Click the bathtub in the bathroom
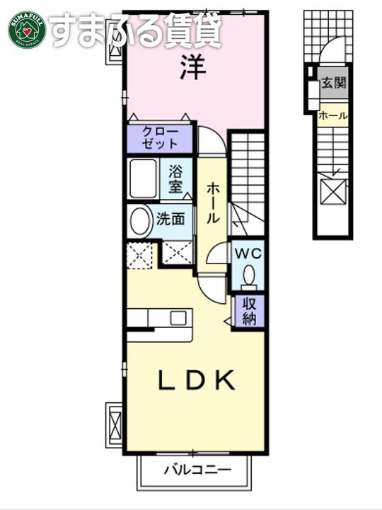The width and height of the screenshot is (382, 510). click(x=145, y=180)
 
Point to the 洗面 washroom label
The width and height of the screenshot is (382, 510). click(x=171, y=220)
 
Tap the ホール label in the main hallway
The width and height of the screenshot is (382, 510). click(x=212, y=204)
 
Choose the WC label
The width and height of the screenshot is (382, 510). click(x=249, y=253)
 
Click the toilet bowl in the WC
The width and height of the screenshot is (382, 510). click(x=249, y=276)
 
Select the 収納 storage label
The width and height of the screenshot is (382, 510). click(x=249, y=310)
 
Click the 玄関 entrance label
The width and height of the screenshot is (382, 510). click(x=333, y=83)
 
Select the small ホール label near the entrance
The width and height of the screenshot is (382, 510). click(x=332, y=115)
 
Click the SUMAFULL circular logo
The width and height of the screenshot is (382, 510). click(x=26, y=29)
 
